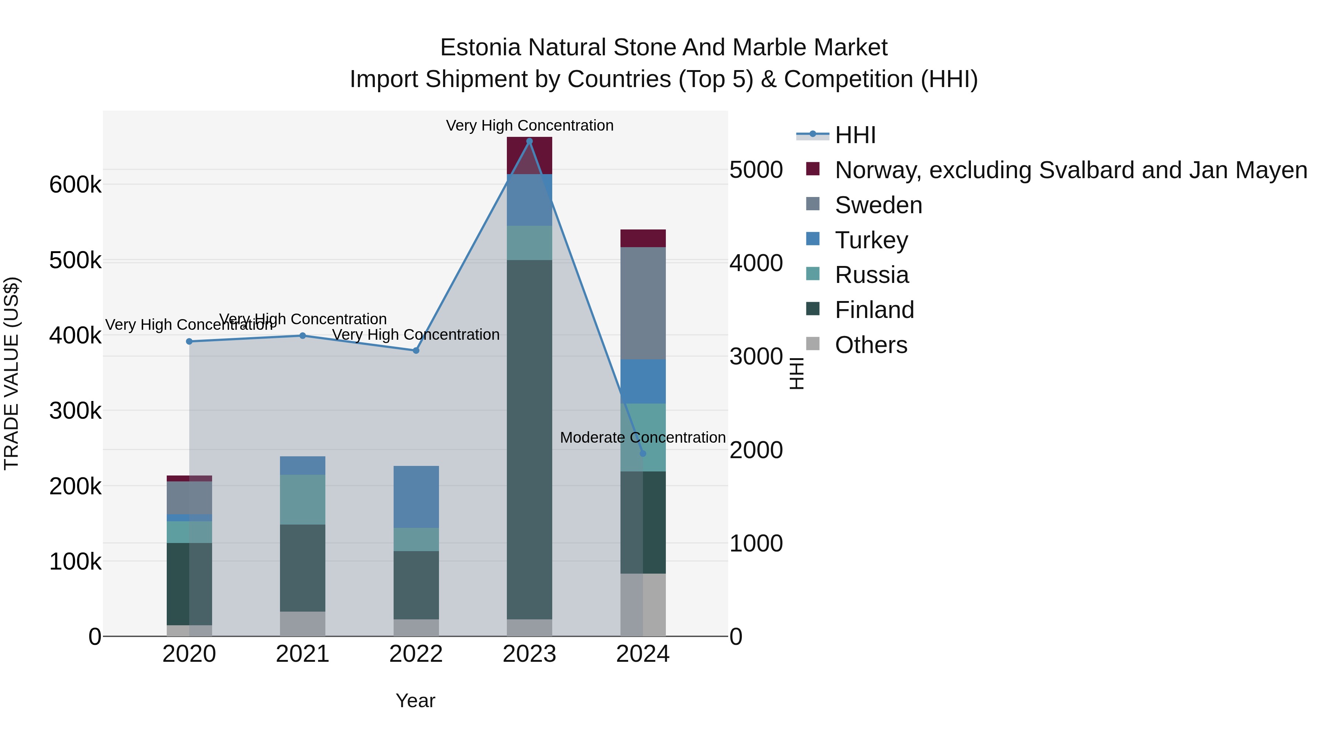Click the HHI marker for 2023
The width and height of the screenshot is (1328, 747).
pos(529,141)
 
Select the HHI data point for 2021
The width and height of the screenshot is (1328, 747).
pos(302,336)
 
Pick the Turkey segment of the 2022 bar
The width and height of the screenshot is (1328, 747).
pos(416,497)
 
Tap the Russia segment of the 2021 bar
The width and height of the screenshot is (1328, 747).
pos(302,499)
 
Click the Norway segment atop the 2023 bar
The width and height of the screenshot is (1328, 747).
pos(529,155)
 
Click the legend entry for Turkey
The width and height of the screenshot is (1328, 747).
pos(871,240)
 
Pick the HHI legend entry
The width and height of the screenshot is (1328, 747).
pos(855,135)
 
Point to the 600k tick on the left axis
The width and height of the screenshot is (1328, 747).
pos(75,184)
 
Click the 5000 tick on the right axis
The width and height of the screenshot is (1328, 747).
pos(756,170)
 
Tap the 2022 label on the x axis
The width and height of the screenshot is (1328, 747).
pos(416,654)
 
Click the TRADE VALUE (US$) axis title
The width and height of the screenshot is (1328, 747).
pos(11,373)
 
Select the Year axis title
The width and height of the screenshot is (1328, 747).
pos(415,701)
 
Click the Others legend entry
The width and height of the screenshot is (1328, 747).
pos(870,345)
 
